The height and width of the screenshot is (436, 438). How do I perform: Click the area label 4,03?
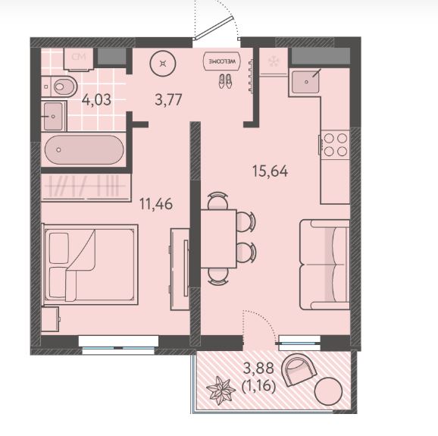[x=96, y=100]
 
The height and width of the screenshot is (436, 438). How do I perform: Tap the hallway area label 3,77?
[x=168, y=100]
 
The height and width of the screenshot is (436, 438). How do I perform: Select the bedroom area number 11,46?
[x=156, y=204]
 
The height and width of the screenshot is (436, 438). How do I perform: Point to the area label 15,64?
[x=270, y=171]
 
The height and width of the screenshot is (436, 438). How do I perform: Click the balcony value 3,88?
[x=258, y=369]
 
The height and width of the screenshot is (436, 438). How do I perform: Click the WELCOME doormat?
[x=222, y=61]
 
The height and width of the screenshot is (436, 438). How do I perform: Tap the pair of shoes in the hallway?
[x=225, y=81]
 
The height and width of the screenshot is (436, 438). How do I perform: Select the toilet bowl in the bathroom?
[x=60, y=86]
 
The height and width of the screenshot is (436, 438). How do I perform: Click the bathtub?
[x=84, y=150]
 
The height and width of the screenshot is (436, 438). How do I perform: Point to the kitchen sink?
[x=305, y=82]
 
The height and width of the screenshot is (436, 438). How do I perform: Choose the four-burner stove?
[x=335, y=145]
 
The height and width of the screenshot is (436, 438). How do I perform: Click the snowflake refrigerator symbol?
[x=273, y=61]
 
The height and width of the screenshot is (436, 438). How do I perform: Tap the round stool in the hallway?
[x=163, y=64]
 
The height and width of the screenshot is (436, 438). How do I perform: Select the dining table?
[x=218, y=239]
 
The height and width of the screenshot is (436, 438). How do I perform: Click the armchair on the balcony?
[x=299, y=369]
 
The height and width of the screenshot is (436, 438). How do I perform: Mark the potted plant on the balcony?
[x=221, y=390]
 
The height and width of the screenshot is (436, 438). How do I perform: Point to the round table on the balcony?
[x=328, y=391]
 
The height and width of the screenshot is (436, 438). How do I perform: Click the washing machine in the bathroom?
[x=79, y=59]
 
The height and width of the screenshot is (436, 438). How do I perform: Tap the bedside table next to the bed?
[x=50, y=319]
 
